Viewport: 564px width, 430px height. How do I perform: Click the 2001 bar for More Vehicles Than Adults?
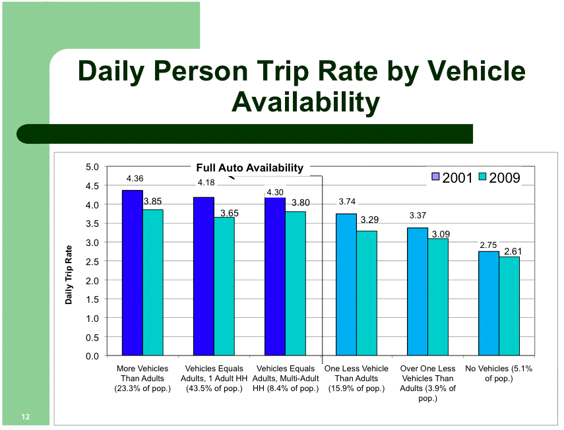click(x=133, y=273)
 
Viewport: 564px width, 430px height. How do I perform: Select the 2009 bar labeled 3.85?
click(x=153, y=282)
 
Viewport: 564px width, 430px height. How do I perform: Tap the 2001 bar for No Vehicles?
click(x=489, y=303)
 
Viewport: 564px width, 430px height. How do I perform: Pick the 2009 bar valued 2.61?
click(x=509, y=306)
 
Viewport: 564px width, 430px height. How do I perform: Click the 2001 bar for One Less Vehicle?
click(x=346, y=285)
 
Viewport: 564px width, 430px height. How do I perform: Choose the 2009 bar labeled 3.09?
click(x=438, y=297)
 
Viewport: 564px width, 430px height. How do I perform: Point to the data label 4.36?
click(x=135, y=179)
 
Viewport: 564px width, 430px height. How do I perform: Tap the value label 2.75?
click(x=488, y=245)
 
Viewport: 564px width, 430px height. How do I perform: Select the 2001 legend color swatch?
click(x=435, y=177)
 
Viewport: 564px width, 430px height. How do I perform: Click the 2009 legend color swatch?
click(x=482, y=177)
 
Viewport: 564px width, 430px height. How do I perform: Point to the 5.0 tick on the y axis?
click(x=92, y=167)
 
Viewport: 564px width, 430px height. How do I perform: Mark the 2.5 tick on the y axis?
click(x=92, y=262)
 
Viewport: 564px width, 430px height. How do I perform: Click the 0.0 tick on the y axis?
click(x=92, y=356)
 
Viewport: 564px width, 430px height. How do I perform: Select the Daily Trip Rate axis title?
click(x=69, y=275)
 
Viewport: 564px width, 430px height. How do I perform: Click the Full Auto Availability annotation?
click(x=249, y=168)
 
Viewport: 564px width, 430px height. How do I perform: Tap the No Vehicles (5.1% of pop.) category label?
click(x=499, y=373)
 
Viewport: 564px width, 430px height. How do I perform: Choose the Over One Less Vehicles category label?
click(x=427, y=383)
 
